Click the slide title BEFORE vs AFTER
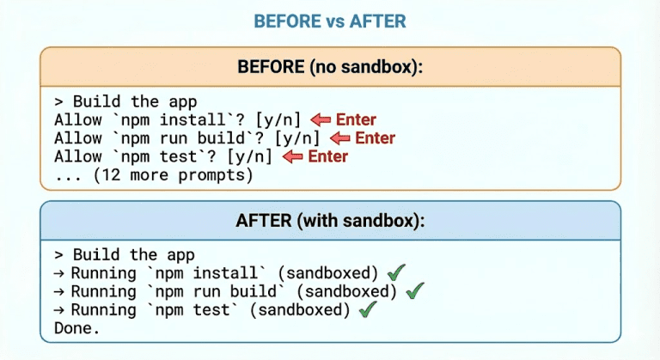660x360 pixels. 330,21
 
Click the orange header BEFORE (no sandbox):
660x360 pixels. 330,67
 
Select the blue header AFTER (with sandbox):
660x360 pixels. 330,220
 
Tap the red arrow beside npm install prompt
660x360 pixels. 321,120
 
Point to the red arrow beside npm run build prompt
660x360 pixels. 339,138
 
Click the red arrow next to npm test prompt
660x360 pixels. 293,156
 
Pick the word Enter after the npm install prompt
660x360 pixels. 356,120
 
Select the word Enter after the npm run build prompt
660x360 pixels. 375,138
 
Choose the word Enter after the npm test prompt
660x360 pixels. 327,156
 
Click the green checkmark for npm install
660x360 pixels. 396,273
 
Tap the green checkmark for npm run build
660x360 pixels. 415,291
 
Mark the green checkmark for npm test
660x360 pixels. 368,309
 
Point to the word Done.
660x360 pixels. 76,328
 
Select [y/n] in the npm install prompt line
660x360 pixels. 278,120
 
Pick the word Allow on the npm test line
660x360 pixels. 76,156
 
